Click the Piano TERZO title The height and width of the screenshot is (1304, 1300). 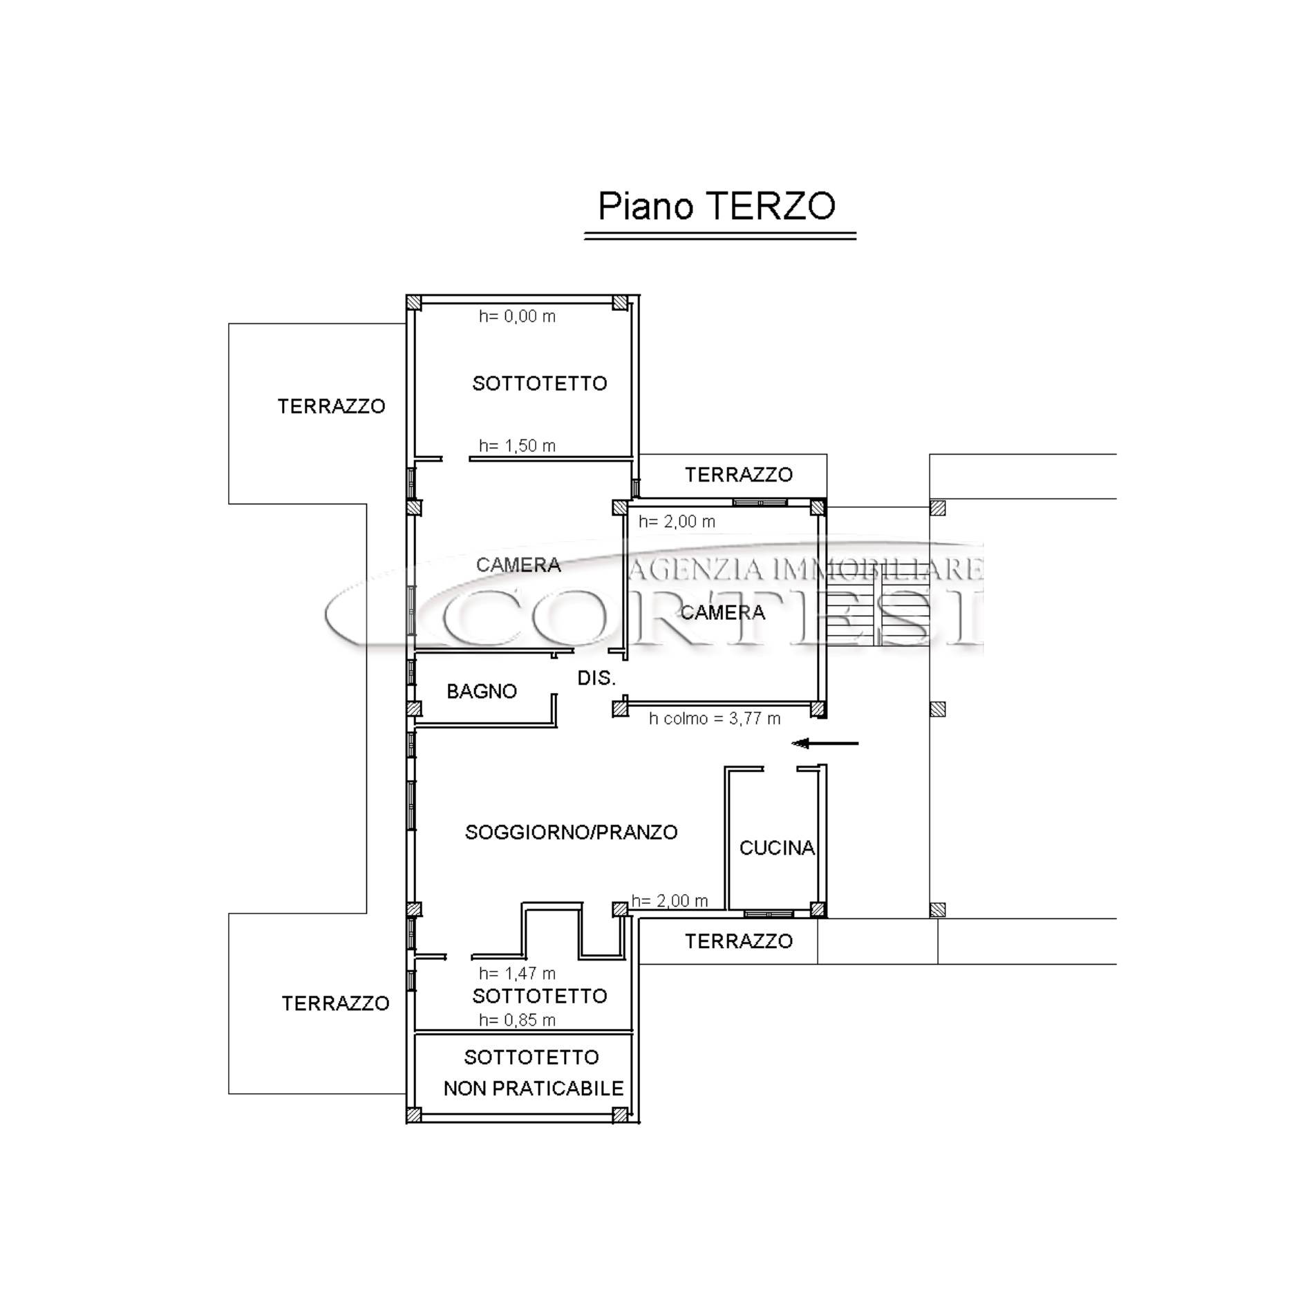(716, 206)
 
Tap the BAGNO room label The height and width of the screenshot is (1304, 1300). (482, 691)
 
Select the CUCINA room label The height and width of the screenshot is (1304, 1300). (777, 848)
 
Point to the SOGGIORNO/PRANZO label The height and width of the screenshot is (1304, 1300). (571, 832)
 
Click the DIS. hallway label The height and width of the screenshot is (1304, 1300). (596, 678)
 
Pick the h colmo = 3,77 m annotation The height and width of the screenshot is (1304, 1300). (715, 719)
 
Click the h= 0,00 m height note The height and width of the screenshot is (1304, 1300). (517, 316)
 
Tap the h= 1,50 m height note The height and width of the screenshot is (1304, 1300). (517, 446)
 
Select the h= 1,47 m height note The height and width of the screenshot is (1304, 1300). (517, 973)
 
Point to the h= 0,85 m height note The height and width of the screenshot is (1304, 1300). (517, 1020)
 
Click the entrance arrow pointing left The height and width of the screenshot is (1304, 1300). (825, 744)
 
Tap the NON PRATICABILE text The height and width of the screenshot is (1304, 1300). (534, 1088)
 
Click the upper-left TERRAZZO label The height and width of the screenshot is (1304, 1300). (331, 406)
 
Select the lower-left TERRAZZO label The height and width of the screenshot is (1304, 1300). (335, 1003)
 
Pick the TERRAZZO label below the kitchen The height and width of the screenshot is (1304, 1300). (739, 941)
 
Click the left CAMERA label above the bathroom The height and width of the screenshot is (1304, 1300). (518, 565)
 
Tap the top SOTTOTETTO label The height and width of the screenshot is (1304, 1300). (539, 384)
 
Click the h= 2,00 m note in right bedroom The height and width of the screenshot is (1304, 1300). (677, 522)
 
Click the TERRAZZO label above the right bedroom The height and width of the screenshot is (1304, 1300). (739, 475)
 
